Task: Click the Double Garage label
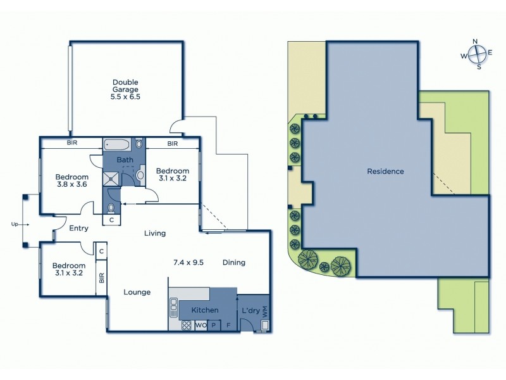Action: point(125,85)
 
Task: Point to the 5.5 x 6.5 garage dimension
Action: point(125,97)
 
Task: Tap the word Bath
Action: point(125,160)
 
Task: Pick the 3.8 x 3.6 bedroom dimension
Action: point(70,184)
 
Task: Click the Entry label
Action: point(79,229)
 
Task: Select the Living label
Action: point(155,233)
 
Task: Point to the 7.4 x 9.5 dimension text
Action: point(188,262)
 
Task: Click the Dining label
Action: point(233,262)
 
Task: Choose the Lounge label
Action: point(137,292)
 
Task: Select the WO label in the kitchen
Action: point(201,326)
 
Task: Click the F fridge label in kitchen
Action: point(227,326)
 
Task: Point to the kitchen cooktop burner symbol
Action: point(187,326)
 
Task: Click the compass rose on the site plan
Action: point(476,54)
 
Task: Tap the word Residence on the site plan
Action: point(385,171)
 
